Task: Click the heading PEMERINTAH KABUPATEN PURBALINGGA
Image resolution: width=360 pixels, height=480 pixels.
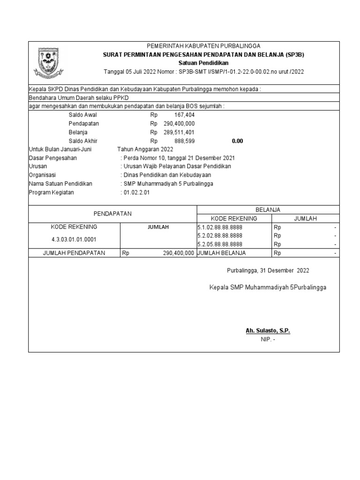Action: [x=203, y=46]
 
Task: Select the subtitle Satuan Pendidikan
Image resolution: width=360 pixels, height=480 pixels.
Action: [x=203, y=63]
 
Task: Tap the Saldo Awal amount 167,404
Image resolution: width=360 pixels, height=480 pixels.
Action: [x=184, y=115]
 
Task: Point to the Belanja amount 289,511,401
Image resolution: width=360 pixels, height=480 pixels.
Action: [x=179, y=132]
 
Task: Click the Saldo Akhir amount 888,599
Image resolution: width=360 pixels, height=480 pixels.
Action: [x=184, y=141]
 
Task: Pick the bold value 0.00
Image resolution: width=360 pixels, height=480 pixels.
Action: [x=237, y=141]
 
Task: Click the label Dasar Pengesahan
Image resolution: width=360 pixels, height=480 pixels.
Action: [x=53, y=158]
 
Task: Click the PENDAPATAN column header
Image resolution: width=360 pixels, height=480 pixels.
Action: [x=112, y=214]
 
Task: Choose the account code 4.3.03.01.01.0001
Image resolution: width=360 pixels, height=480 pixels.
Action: [x=75, y=240]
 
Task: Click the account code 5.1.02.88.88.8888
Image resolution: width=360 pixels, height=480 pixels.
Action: [x=220, y=227]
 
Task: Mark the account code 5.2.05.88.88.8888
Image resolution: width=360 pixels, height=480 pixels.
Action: [x=220, y=244]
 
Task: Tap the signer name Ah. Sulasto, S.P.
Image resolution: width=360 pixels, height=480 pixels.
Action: [x=268, y=331]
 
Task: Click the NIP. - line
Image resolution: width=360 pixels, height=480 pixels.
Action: [x=268, y=339]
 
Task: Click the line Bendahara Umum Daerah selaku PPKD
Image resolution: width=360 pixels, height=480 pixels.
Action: [x=79, y=97]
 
